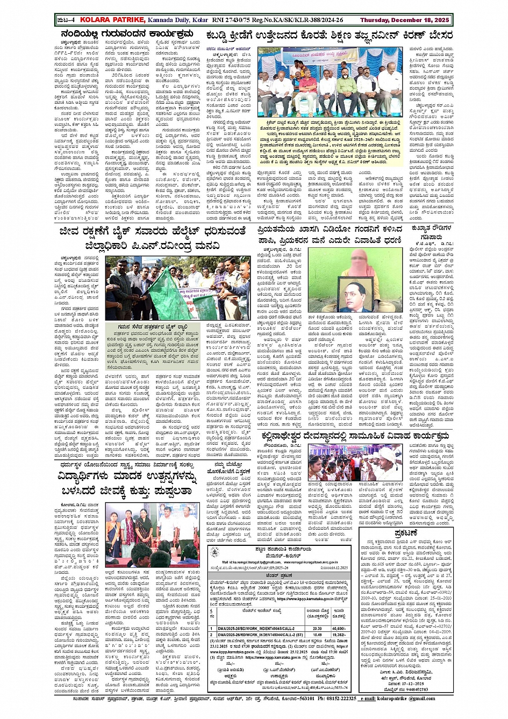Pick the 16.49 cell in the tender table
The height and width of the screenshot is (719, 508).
317,635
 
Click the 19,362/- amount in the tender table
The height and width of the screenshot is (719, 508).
339,635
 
